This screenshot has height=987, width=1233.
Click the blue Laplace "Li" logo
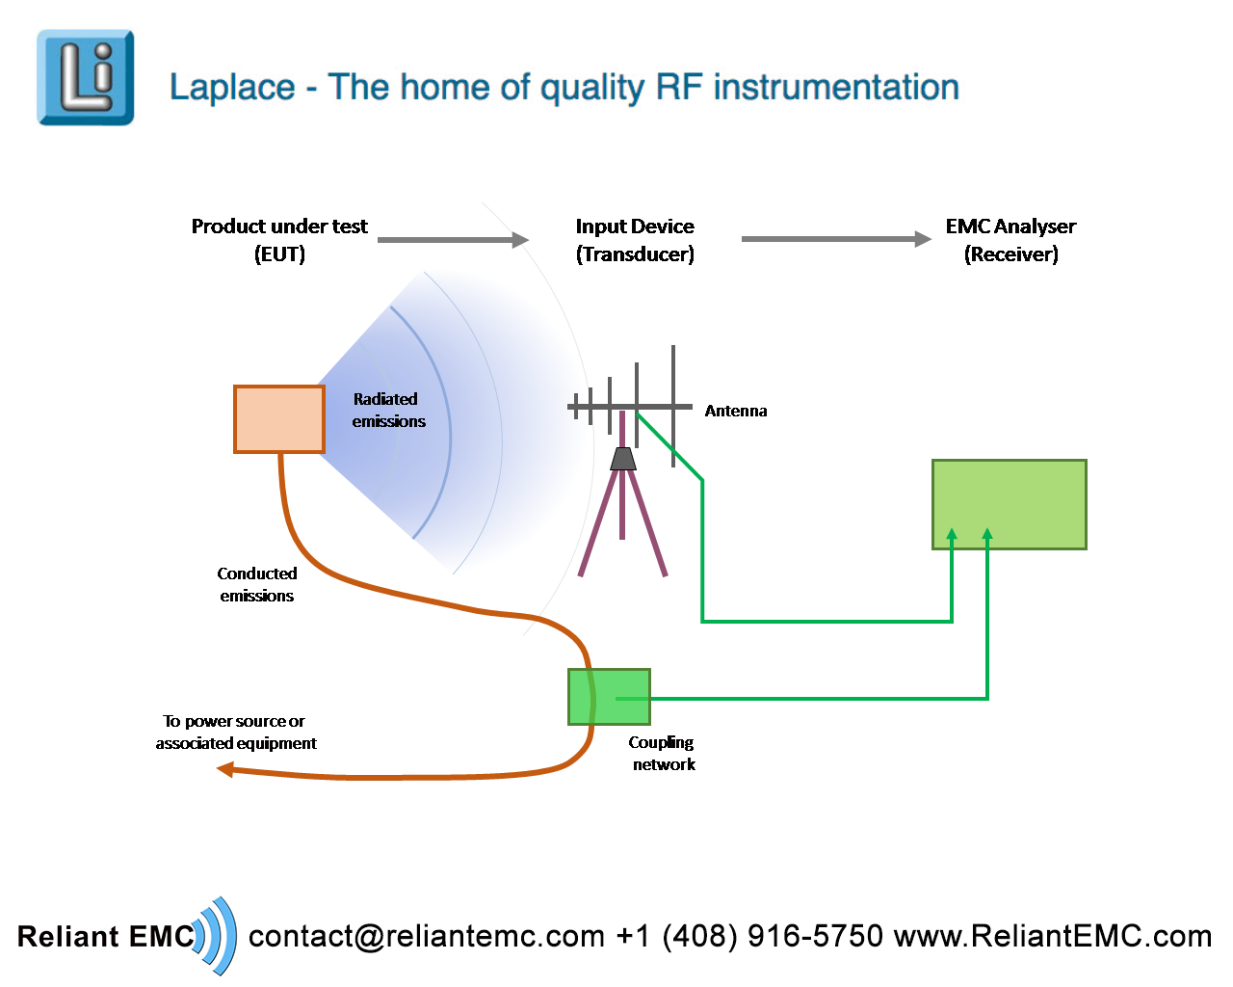pyautogui.click(x=85, y=77)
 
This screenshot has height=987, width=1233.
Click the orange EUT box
pyautogui.click(x=279, y=419)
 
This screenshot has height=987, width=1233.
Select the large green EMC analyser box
pyautogui.click(x=1009, y=504)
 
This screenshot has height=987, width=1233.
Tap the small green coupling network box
pyautogui.click(x=609, y=697)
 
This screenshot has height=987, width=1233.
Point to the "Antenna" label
pyautogui.click(x=736, y=411)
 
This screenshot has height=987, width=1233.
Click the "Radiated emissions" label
pyautogui.click(x=387, y=410)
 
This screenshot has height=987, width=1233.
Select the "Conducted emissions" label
pyautogui.click(x=256, y=584)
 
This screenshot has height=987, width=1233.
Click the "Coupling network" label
pyautogui.click(x=663, y=753)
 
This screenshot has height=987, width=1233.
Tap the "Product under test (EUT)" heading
pyautogui.click(x=279, y=240)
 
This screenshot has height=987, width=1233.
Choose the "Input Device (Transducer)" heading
pyautogui.click(x=635, y=240)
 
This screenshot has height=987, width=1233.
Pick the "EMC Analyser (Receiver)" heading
pyautogui.click(x=1010, y=240)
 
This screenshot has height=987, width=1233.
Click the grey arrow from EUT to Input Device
pyautogui.click(x=453, y=240)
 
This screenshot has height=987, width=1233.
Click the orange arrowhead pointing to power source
pyautogui.click(x=225, y=769)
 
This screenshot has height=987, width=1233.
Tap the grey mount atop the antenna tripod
pyautogui.click(x=623, y=459)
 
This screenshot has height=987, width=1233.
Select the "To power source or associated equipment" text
pyautogui.click(x=235, y=732)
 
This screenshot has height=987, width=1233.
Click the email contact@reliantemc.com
pyautogui.click(x=427, y=936)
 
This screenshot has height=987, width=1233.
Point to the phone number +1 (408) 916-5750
pyautogui.click(x=749, y=936)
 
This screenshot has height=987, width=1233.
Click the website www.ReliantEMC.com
pyautogui.click(x=1052, y=936)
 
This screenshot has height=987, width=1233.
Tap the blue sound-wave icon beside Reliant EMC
pyautogui.click(x=217, y=935)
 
